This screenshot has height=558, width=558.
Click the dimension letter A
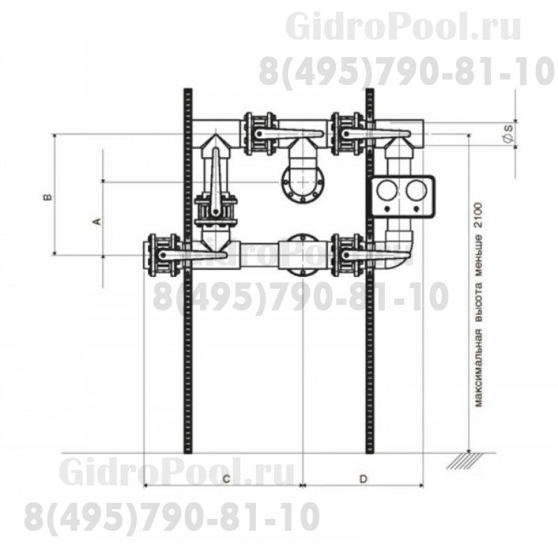pos(97,221)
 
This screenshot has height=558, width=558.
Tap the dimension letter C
pos(226,479)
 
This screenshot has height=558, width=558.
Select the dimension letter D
pos(363,479)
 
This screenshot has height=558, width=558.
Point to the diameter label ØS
pos(508,133)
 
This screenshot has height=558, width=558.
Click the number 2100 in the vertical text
pos(478,217)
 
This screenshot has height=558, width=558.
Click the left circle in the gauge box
pos(387,190)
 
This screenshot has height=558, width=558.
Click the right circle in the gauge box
pos(416,190)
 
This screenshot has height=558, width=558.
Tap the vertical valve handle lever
pos(216,182)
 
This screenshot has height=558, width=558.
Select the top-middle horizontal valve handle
pos(289,134)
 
